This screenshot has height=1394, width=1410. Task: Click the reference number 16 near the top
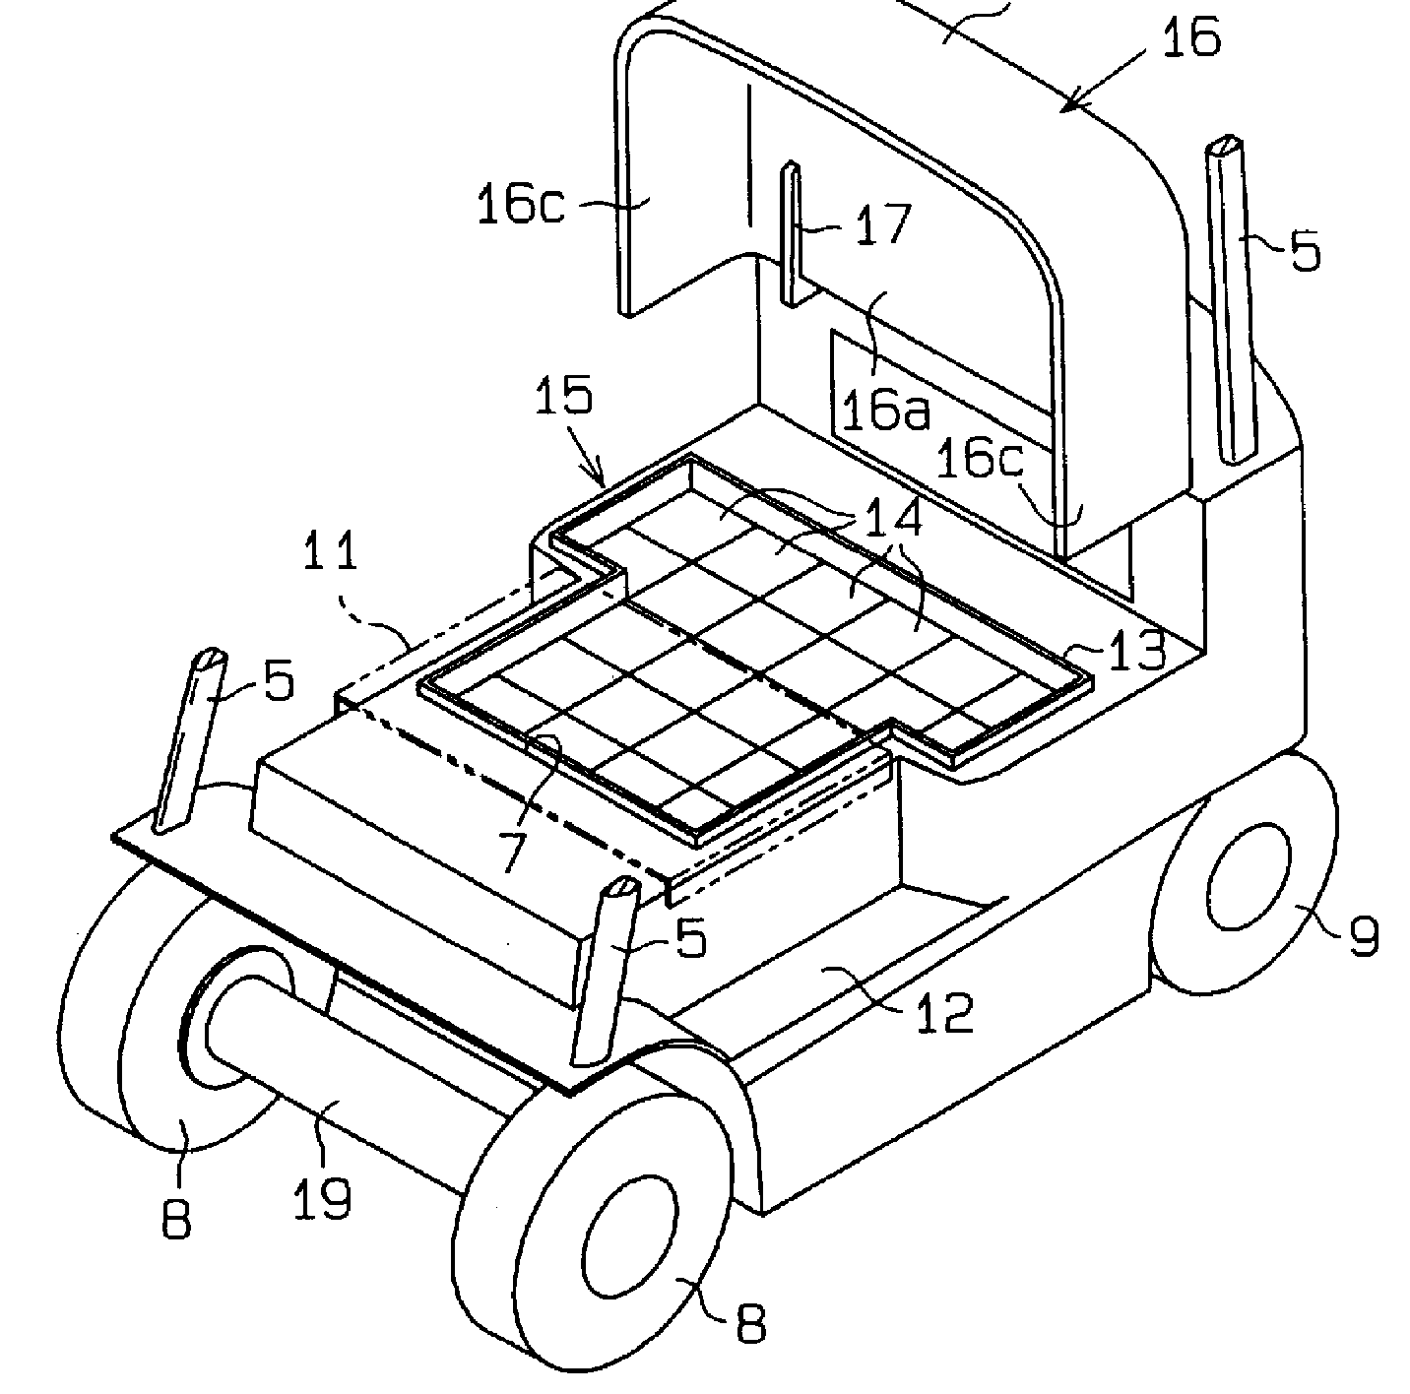[1190, 37]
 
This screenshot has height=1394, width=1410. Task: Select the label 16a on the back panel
[886, 411]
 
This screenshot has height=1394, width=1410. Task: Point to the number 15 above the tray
[565, 397]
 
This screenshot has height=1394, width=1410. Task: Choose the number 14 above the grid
[893, 519]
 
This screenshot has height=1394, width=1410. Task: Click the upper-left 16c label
[520, 208]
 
